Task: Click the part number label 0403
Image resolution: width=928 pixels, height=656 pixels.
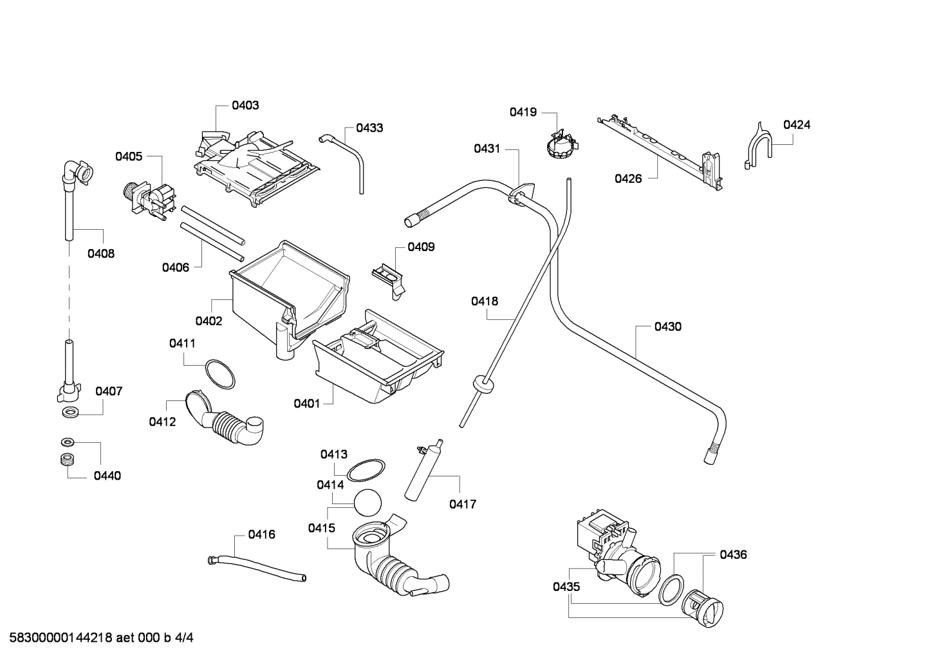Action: tap(245, 105)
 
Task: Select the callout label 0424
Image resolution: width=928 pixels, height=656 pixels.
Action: tap(796, 125)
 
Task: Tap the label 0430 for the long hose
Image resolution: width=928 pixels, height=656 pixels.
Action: tap(667, 326)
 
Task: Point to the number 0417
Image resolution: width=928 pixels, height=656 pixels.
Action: tap(462, 504)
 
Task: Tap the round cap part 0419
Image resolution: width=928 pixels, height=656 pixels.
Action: tap(559, 145)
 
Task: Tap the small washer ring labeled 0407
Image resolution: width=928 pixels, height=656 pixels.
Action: tap(68, 412)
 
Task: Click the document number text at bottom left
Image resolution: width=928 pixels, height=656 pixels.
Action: tap(98, 638)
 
